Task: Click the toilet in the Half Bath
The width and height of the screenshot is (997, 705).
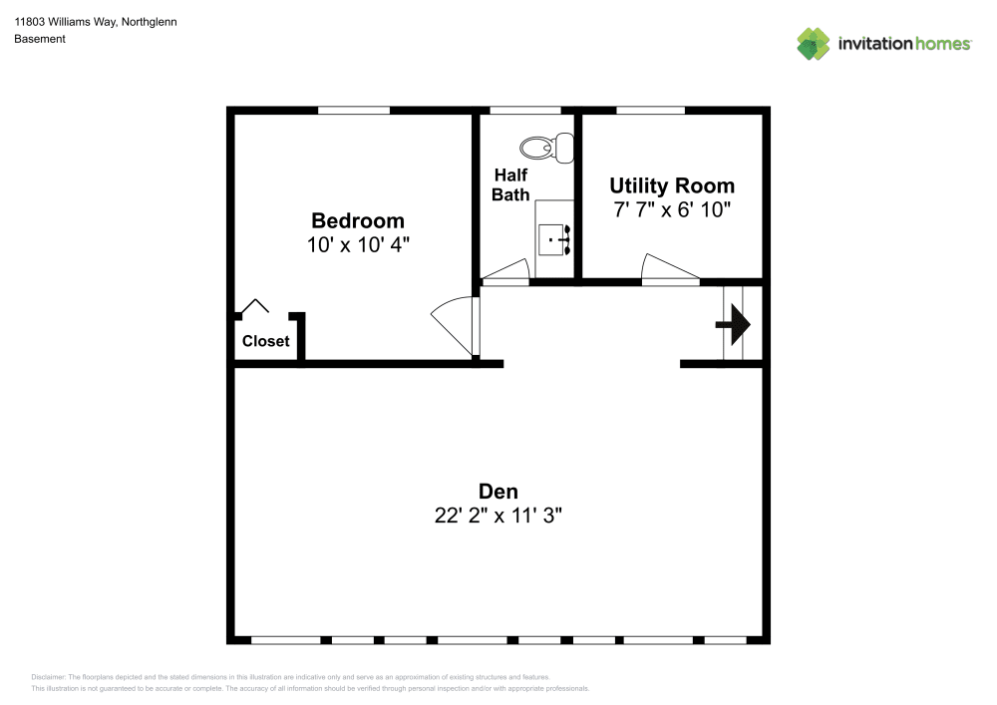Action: [548, 149]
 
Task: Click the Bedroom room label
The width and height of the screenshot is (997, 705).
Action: [358, 220]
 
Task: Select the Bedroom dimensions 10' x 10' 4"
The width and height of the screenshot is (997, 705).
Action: [358, 244]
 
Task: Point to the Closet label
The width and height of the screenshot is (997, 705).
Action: [266, 341]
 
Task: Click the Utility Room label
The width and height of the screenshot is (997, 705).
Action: [672, 185]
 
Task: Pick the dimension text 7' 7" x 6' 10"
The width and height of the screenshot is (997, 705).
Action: [672, 209]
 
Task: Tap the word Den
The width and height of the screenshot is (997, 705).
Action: [498, 491]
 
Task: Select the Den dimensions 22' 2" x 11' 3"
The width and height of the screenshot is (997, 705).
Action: [498, 516]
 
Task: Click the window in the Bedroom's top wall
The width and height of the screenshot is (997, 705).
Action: [354, 110]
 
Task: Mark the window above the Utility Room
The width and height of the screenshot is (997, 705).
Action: [650, 110]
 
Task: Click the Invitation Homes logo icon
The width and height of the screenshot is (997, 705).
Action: [814, 44]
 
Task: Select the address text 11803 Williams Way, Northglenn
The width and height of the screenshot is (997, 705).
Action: [96, 21]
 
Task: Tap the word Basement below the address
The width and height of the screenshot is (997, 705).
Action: [40, 39]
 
